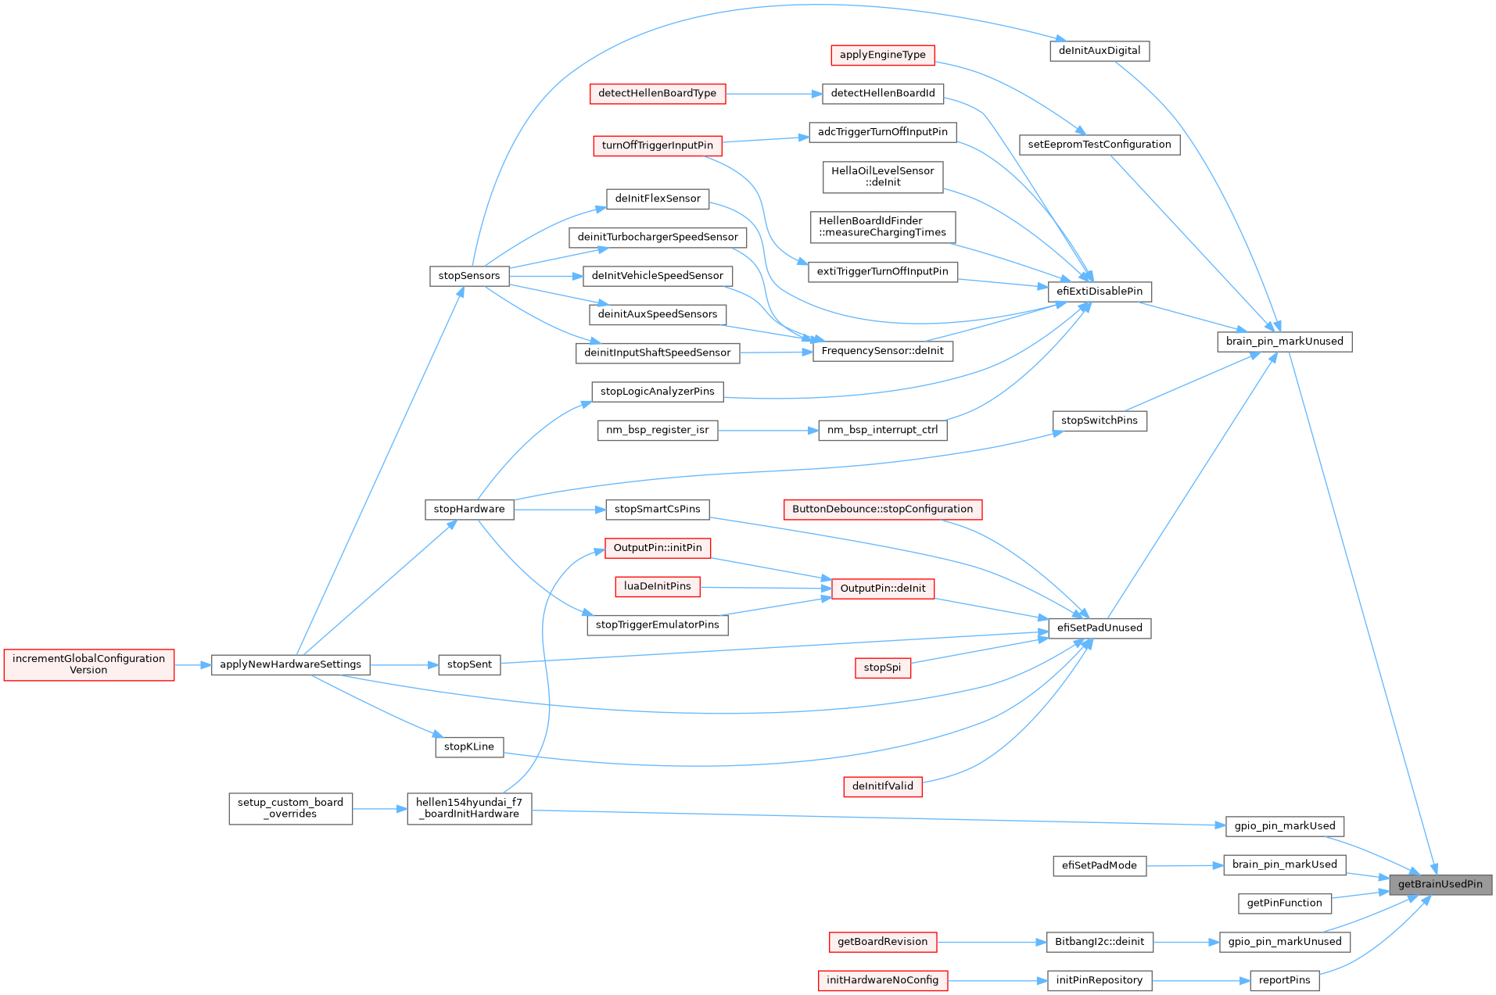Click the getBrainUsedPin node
pos(1440,885)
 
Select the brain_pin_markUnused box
pos(1284,342)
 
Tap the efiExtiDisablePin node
pos(1099,292)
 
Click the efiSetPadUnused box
pos(1099,628)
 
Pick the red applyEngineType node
pos(882,55)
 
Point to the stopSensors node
pos(468,276)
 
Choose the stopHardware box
pos(468,509)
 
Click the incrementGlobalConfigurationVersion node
pos(88,664)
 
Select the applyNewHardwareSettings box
pos(290,664)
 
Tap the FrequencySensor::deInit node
pos(882,351)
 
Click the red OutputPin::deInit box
pos(882,589)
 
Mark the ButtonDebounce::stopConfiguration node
pos(882,509)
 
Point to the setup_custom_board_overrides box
pos(290,808)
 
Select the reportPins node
pos(1284,980)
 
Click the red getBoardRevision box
pos(882,942)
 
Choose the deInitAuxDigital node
pos(1099,51)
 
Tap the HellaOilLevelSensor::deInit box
pos(882,177)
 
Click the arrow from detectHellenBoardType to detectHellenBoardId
pos(773,94)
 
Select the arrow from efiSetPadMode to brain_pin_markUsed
pos(1184,865)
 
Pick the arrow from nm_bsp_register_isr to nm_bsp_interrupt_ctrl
pos(767,430)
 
